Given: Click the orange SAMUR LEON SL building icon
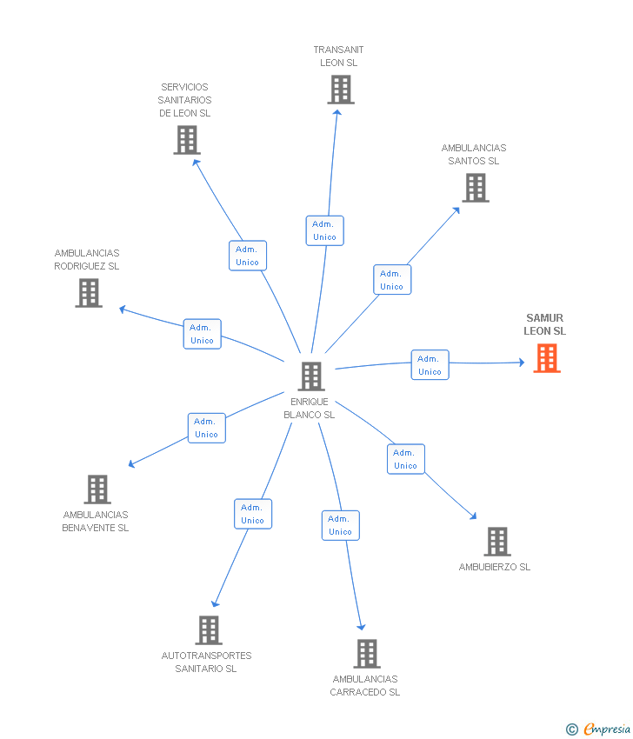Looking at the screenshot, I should click(547, 358).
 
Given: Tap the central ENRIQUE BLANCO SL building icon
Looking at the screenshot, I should click(310, 376).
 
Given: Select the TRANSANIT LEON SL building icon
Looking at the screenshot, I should click(341, 90).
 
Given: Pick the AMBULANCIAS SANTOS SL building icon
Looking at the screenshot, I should click(476, 188).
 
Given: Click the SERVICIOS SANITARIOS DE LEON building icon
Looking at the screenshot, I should click(187, 140).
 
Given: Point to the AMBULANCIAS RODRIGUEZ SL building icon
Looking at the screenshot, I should click(89, 293).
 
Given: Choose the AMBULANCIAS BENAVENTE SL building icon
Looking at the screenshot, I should click(97, 489).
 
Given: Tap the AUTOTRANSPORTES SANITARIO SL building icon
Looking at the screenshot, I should click(209, 630).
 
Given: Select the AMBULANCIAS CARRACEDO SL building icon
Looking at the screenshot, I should click(367, 654).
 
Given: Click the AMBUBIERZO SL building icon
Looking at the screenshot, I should click(497, 542).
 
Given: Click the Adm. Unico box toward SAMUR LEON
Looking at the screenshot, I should click(430, 365).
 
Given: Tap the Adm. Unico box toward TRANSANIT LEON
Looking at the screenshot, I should click(324, 230).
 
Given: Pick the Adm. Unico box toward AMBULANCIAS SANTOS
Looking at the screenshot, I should click(391, 280).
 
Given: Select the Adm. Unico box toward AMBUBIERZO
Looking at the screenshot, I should click(405, 459).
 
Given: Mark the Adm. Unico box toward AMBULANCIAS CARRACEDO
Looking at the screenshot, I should click(340, 525).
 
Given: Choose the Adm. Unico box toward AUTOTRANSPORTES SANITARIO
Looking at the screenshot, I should click(252, 514).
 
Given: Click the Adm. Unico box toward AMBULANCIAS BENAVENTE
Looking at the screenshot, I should click(206, 428).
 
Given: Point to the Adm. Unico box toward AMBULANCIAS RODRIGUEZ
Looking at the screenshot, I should click(202, 334).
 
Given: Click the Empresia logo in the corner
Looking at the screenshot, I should click(600, 729).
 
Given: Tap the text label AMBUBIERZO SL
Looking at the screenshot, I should click(494, 567).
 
